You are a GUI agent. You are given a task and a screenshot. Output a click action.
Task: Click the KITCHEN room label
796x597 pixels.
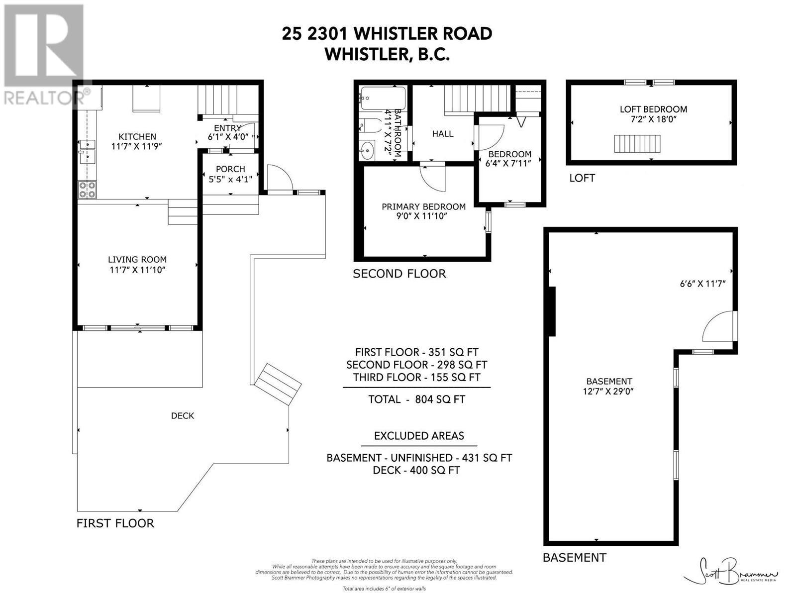pyautogui.click(x=137, y=136)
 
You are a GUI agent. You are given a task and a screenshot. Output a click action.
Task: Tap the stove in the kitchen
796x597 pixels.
pyautogui.click(x=88, y=190)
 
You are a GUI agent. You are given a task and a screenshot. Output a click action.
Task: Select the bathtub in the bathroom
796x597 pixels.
pyautogui.click(x=383, y=98)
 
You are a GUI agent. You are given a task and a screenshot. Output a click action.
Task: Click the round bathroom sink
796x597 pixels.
pyautogui.click(x=368, y=149)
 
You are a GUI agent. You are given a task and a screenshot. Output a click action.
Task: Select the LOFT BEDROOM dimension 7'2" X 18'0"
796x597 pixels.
pyautogui.click(x=653, y=120)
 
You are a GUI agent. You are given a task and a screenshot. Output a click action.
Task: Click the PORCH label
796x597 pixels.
pyautogui.click(x=230, y=169)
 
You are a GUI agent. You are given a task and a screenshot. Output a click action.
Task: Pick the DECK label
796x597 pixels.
pyautogui.click(x=183, y=415)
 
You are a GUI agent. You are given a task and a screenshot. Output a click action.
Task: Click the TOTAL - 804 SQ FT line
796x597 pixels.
pyautogui.click(x=416, y=399)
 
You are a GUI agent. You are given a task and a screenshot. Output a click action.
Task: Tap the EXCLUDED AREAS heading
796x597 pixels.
pyautogui.click(x=419, y=436)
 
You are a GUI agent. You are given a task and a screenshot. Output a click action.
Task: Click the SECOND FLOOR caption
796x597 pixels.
pyautogui.click(x=399, y=274)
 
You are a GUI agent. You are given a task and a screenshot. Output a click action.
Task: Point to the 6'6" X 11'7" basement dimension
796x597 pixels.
pyautogui.click(x=702, y=284)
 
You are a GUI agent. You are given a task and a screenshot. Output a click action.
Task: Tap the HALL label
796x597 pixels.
pyautogui.click(x=442, y=133)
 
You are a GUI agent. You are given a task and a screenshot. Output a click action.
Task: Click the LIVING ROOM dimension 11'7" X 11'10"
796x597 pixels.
pyautogui.click(x=137, y=270)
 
